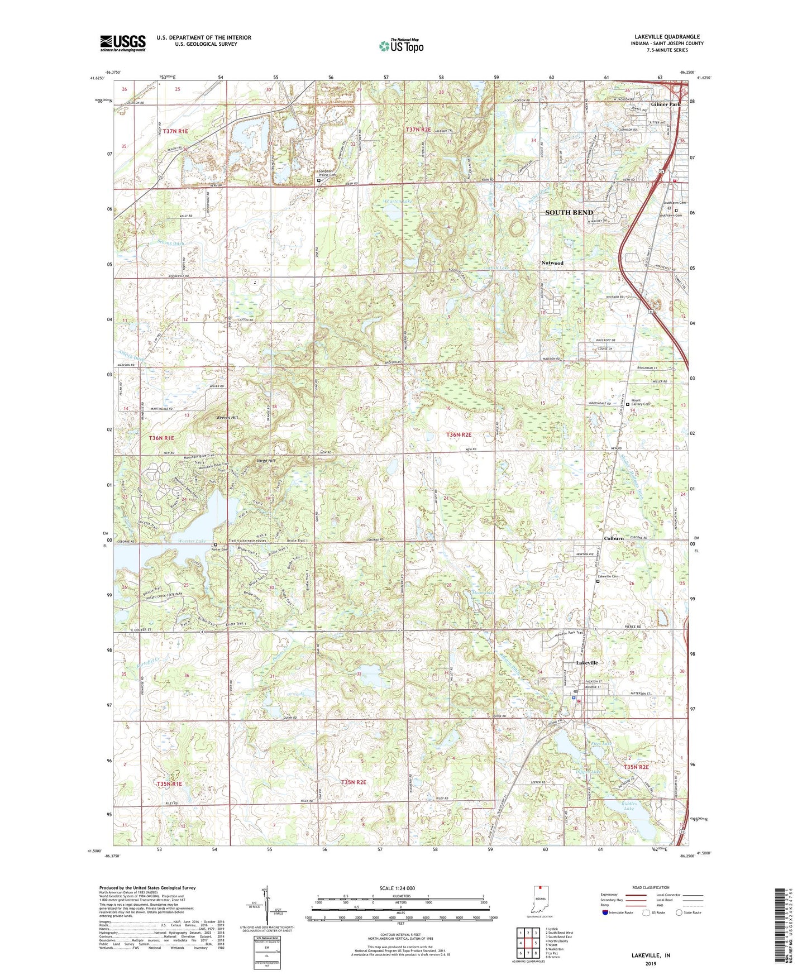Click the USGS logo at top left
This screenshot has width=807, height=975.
point(123,43)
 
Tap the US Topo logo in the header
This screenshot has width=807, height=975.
point(401,46)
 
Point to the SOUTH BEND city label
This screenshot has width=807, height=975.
point(569,212)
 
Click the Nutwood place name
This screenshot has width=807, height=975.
point(552,262)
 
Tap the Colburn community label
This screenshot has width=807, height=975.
point(613,538)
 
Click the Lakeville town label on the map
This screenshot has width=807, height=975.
point(587,663)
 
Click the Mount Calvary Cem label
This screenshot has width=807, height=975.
point(640,402)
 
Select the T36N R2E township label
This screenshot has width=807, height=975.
point(459,434)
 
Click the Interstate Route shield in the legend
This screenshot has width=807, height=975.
point(605,912)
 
